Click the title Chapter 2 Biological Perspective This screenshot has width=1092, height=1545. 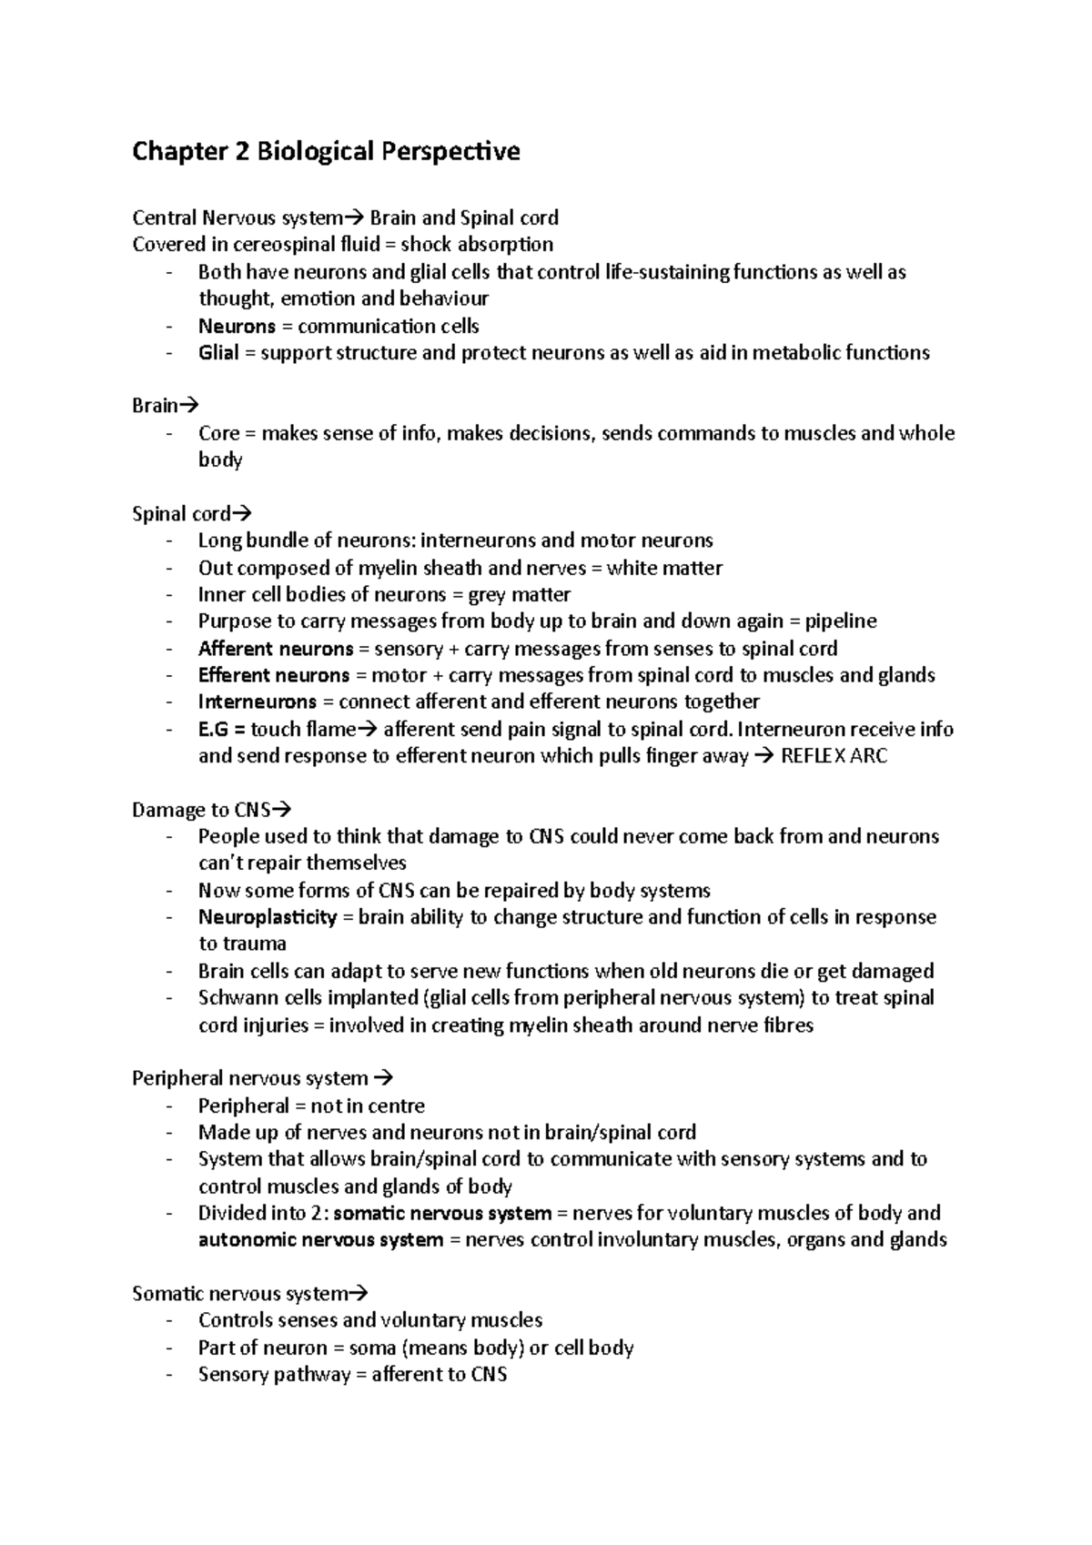click(x=326, y=151)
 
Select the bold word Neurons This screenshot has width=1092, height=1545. click(x=237, y=326)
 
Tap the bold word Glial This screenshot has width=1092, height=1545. click(x=218, y=353)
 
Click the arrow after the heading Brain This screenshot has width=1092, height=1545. click(x=189, y=406)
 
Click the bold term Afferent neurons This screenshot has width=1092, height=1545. click(x=275, y=649)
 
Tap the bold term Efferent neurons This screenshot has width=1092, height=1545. click(x=273, y=676)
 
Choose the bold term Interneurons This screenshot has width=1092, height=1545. click(x=257, y=702)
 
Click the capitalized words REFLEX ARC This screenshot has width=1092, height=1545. click(x=834, y=756)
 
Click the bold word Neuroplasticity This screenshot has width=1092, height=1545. click(x=268, y=917)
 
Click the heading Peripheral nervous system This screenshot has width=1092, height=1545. click(x=250, y=1079)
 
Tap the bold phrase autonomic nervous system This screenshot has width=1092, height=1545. click(x=320, y=1240)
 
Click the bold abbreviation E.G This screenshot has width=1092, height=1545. click(x=214, y=730)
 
